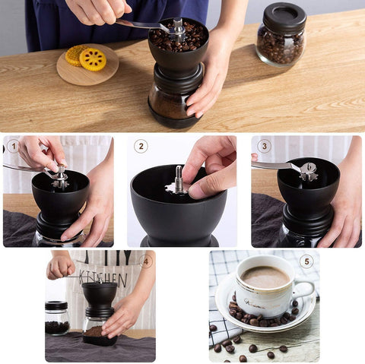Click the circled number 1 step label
(x=13, y=146)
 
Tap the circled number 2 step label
(x=141, y=146)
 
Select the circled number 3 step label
(x=264, y=146)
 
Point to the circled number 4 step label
(x=146, y=261)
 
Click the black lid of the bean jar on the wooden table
(x=284, y=17)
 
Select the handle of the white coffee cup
(x=305, y=290)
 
